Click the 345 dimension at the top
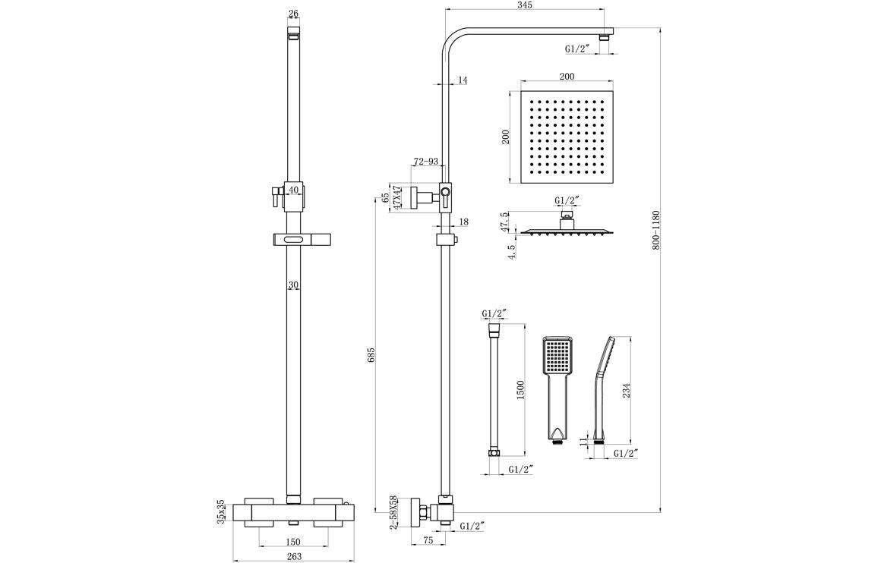coord(525,5)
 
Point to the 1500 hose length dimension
coord(520,389)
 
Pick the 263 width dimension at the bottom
coord(295,556)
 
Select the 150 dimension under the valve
coord(294,542)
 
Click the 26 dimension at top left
coord(294,14)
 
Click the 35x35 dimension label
coord(221,511)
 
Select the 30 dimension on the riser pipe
coord(293,286)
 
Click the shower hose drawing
coord(494,389)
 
